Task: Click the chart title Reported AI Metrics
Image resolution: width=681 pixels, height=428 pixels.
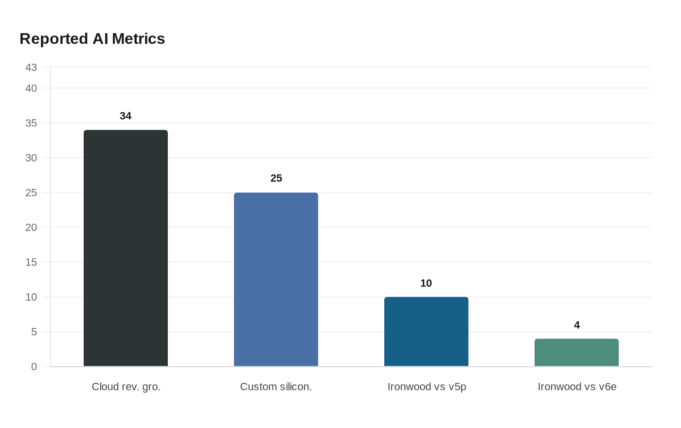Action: coord(92,39)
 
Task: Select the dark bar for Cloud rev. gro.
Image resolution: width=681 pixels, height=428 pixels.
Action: coord(125,248)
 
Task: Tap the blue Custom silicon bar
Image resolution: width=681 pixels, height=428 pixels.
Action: coord(276,279)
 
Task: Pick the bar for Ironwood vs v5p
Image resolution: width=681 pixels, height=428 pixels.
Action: coord(426,332)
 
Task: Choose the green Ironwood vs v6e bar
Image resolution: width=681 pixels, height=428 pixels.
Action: coord(576,353)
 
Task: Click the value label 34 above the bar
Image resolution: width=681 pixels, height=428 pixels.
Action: coord(125,116)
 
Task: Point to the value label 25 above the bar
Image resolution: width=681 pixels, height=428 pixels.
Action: coord(276,178)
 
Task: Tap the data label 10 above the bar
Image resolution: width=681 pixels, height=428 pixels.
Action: coord(426,284)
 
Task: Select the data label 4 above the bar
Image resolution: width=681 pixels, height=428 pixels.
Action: coord(577,325)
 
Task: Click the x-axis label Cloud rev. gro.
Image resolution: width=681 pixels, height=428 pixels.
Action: coord(126,387)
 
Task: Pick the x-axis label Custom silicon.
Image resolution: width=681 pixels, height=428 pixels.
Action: coord(276,387)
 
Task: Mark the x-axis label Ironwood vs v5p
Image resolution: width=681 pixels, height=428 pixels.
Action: coord(427,387)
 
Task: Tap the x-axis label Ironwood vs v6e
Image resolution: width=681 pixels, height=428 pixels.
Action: coord(577,387)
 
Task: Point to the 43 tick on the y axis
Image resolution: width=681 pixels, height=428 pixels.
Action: coord(31,68)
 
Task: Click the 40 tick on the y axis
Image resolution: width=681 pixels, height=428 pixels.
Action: coord(31,89)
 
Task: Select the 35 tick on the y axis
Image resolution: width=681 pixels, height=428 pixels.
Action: coord(31,124)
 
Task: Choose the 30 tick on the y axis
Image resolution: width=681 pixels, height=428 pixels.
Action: coord(31,158)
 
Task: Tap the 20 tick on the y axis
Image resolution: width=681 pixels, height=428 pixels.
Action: coord(31,228)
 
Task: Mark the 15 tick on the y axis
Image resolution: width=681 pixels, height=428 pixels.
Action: coord(31,263)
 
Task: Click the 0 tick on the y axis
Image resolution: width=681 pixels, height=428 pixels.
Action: coord(34,367)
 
